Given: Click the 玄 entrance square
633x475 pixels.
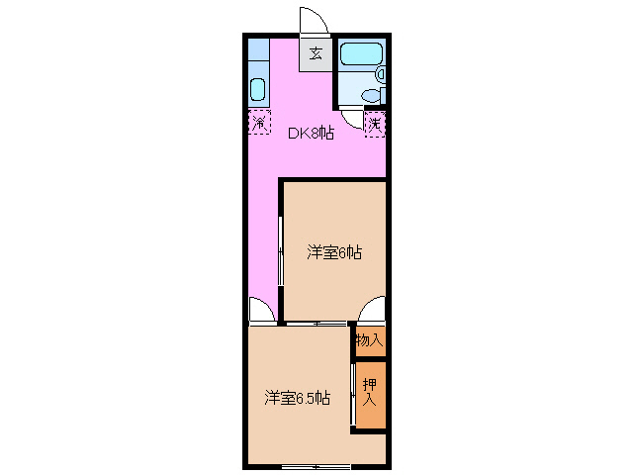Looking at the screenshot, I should click(x=316, y=53).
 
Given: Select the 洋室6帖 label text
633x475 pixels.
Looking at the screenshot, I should click(x=333, y=252).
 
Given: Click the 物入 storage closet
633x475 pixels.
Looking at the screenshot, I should click(x=370, y=340).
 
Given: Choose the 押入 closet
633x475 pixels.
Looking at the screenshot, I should click(x=370, y=394).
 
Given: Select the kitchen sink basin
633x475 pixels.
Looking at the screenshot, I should click(x=257, y=90).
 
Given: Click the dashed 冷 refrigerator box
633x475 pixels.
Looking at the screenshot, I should click(x=259, y=124).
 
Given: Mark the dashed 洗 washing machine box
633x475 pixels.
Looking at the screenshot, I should click(x=375, y=124).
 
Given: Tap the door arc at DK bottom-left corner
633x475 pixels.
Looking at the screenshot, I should click(x=261, y=311).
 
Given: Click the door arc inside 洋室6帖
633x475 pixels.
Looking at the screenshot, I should click(x=372, y=311).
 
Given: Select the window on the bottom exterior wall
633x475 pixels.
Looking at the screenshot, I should click(x=316, y=465).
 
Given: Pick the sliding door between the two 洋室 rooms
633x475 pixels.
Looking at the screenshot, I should click(x=316, y=324).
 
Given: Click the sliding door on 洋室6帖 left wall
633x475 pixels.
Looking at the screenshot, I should click(x=282, y=252).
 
